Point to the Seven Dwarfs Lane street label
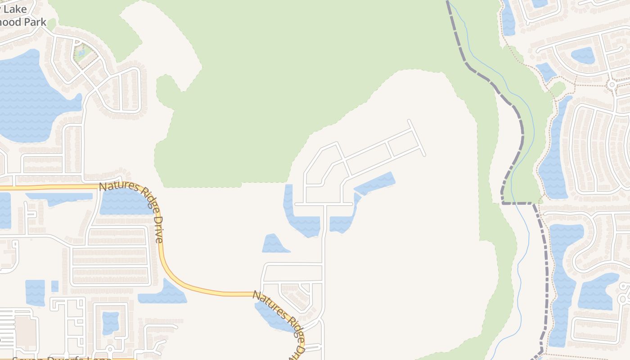(61, 359)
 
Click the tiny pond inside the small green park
(81, 53)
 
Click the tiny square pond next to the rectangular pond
(54, 286)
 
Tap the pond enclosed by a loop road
(110, 322)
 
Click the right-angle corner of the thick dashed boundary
(503, 203)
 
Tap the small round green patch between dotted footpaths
(558, 88)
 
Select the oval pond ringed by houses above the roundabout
(582, 55)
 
